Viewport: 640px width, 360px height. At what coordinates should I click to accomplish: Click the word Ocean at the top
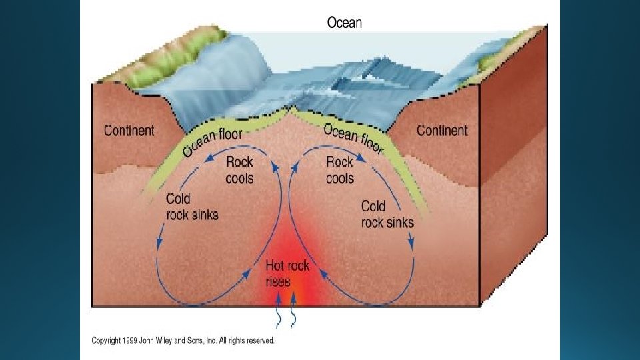344,23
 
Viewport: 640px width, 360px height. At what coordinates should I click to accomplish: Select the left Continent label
129,130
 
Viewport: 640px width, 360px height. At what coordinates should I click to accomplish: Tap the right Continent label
442,130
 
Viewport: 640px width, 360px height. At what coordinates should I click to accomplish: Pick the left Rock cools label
239,169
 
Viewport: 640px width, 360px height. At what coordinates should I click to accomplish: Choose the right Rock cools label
339,169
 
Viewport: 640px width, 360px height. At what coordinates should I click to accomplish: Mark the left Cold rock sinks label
192,207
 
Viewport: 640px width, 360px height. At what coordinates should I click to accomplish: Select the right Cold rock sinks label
387,213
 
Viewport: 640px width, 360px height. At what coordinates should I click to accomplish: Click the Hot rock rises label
287,273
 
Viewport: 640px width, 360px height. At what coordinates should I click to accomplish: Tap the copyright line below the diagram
183,341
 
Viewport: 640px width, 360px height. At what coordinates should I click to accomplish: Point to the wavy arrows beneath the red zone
286,318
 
